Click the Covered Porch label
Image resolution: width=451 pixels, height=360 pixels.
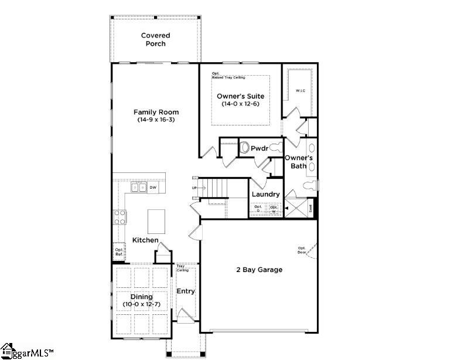pos(155,40)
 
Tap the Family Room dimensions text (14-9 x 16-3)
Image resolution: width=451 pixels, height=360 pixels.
pos(156,120)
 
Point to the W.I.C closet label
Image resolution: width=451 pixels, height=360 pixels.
pos(300,91)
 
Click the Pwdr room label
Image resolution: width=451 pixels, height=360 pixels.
pos(259,149)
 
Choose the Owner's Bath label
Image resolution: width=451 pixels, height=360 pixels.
pos(299,162)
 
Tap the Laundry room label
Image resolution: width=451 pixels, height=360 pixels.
pos(265,195)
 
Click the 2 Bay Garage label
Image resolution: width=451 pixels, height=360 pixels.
pos(259,270)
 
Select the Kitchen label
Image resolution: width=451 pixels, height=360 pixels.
pos(145,240)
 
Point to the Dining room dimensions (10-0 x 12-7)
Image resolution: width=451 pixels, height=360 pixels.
pos(141,305)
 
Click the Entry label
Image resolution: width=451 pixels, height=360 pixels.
pos(186,291)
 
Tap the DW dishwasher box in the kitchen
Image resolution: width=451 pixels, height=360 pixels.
pos(153,188)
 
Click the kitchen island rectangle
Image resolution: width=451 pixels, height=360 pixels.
pos(156,221)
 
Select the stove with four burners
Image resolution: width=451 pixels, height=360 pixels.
pos(120,218)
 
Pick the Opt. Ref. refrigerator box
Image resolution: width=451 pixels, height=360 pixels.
pos(119,252)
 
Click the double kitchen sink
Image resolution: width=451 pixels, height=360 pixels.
pos(138,188)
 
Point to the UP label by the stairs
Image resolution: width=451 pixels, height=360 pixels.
pos(194,188)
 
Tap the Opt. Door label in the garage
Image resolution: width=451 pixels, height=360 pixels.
pos(302,249)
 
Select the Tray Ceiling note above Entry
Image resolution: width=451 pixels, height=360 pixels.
pos(182,269)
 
